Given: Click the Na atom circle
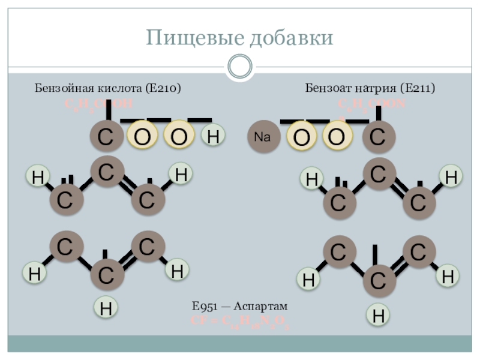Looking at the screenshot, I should coord(263,137).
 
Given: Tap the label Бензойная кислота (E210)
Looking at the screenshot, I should coord(108,88).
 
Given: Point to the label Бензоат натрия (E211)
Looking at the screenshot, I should coord(370,88).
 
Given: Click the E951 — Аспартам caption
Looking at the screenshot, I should coord(240,307).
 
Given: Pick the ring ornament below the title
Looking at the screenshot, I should coord(240,66).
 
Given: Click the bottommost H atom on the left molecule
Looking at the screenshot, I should coord(106,309).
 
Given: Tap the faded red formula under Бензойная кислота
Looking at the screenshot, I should coord(98,104).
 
